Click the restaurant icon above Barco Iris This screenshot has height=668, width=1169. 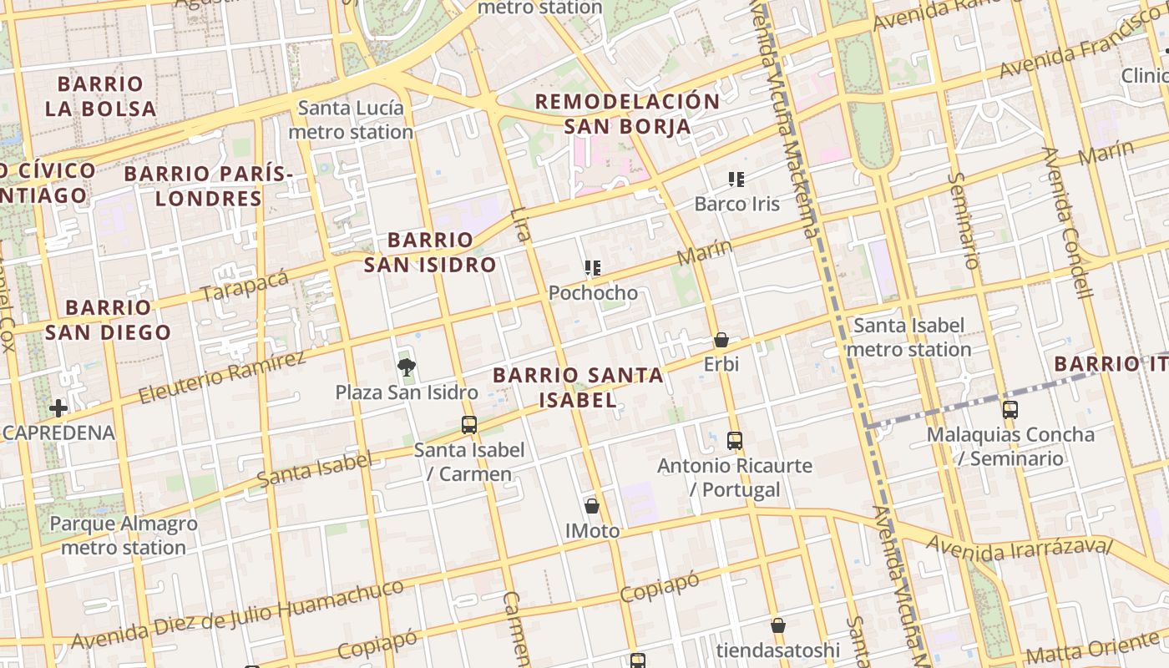coord(736,179)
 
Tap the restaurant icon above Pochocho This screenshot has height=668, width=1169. coord(593,268)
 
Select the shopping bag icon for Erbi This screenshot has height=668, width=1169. coord(721,340)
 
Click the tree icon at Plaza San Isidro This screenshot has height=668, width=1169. coord(407,367)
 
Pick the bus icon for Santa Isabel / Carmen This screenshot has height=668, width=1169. coord(469,424)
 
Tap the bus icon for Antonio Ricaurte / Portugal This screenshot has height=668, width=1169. coord(735,440)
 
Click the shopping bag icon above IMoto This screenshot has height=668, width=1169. coord(592,506)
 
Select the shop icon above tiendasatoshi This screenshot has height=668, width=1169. coord(778,625)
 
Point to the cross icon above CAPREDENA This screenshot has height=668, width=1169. coord(58,408)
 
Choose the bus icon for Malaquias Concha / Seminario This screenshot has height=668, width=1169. coord(1010,409)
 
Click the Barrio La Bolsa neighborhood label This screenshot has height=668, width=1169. coord(101,96)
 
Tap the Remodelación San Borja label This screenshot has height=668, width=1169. coord(627,114)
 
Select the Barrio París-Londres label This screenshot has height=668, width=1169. coord(209,186)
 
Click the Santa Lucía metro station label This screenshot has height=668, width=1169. coord(351,119)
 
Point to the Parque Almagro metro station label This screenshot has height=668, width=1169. coord(124,535)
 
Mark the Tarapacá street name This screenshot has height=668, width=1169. coord(244,286)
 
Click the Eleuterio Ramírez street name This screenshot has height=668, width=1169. coord(221,377)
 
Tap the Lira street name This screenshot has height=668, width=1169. coord(520,224)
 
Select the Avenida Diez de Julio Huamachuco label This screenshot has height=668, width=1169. coord(237,615)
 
